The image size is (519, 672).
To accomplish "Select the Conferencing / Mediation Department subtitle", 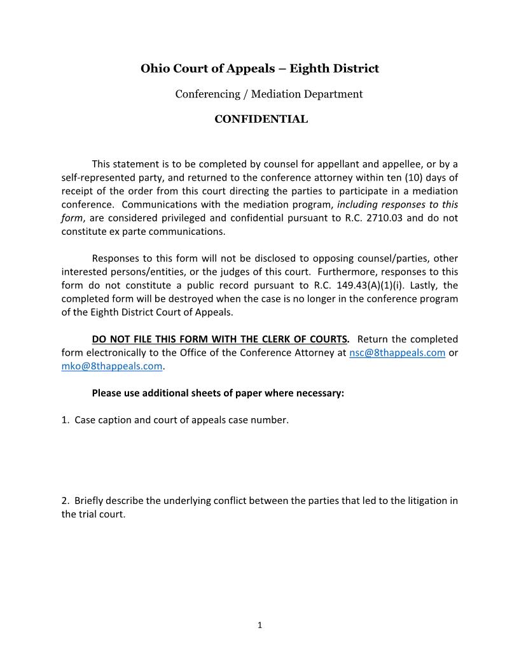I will tap(268, 94).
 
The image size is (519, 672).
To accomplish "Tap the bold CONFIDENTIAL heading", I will tap(261, 119).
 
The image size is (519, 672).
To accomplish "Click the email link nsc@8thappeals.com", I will tap(397, 353).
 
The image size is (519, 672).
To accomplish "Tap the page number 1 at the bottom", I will tap(259, 625).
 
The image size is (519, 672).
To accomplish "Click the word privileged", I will tap(179, 218).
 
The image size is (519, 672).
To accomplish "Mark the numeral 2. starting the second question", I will tap(66, 500).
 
